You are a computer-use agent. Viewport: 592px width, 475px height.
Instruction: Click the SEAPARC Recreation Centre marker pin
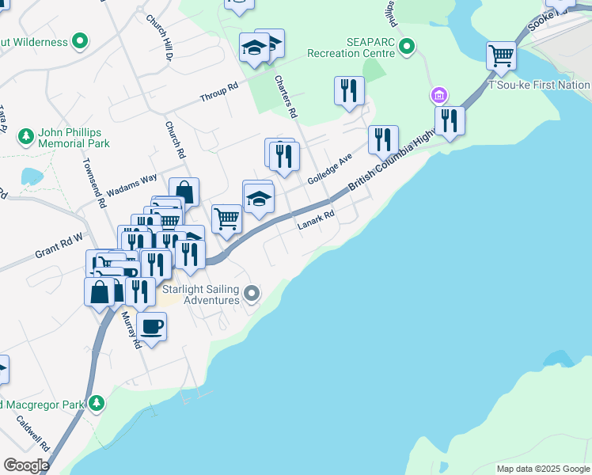point(407,47)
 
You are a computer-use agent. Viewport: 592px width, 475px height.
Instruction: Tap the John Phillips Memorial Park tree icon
point(26,137)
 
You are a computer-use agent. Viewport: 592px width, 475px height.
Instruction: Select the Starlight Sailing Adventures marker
point(252,294)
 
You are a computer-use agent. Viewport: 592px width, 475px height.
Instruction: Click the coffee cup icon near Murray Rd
point(151,326)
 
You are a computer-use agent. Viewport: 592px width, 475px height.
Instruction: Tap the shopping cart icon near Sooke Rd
point(501,55)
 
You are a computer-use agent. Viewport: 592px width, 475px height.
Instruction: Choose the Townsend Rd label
point(94,182)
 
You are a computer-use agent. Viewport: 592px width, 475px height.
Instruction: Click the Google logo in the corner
point(26,465)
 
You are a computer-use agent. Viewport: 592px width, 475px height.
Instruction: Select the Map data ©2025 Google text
point(543,469)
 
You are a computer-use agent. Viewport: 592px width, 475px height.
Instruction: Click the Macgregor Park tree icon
point(97,403)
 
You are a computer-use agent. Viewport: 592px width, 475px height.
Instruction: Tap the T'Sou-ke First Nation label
point(540,85)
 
